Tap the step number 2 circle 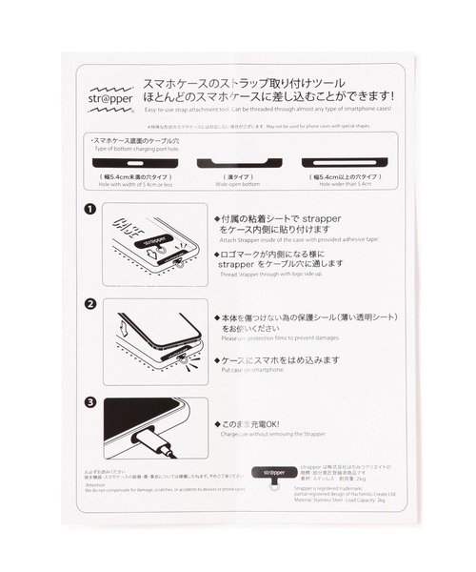tap(89, 305)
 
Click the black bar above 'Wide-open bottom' tap(239, 162)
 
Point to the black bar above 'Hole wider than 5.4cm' tap(346, 162)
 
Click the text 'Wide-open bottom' tap(238, 185)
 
